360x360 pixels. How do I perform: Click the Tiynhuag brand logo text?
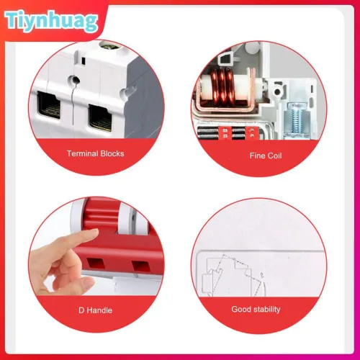(x=51, y=21)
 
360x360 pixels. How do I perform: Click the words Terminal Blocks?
(x=96, y=153)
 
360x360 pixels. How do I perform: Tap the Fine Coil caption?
(x=266, y=156)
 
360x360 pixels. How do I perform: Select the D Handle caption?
(x=96, y=310)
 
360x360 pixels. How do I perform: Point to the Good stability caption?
(x=256, y=309)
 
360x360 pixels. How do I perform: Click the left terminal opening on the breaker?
(x=49, y=105)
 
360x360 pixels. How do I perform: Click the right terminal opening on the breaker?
(x=100, y=118)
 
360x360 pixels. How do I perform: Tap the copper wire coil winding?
(x=222, y=87)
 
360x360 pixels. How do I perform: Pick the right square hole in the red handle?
(x=141, y=266)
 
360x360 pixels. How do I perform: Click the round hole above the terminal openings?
(x=74, y=79)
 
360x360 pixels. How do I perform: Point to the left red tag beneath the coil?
(x=225, y=133)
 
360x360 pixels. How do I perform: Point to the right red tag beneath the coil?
(x=252, y=133)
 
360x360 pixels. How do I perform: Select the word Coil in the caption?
(x=274, y=156)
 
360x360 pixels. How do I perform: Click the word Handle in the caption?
(x=99, y=310)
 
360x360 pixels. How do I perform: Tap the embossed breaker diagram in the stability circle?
(x=233, y=275)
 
